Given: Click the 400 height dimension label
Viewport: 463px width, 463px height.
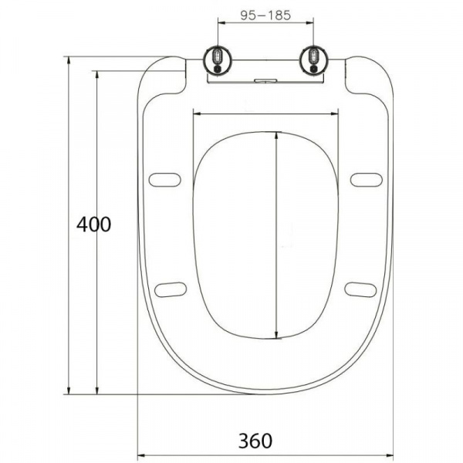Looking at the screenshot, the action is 94,225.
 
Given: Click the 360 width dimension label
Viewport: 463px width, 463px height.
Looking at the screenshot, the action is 255,441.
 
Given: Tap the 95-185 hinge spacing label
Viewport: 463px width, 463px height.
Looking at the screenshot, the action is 265,15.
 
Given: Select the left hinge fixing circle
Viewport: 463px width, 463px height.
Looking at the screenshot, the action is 218,60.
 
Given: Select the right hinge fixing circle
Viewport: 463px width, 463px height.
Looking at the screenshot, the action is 313,60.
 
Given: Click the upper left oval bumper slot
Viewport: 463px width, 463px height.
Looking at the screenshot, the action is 165,180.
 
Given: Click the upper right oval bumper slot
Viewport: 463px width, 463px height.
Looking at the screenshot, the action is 367,180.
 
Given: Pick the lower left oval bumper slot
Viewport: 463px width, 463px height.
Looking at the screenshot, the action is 171,289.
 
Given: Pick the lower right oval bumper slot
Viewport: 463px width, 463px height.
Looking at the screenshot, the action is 360,289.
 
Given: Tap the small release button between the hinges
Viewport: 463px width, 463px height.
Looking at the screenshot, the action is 265,80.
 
